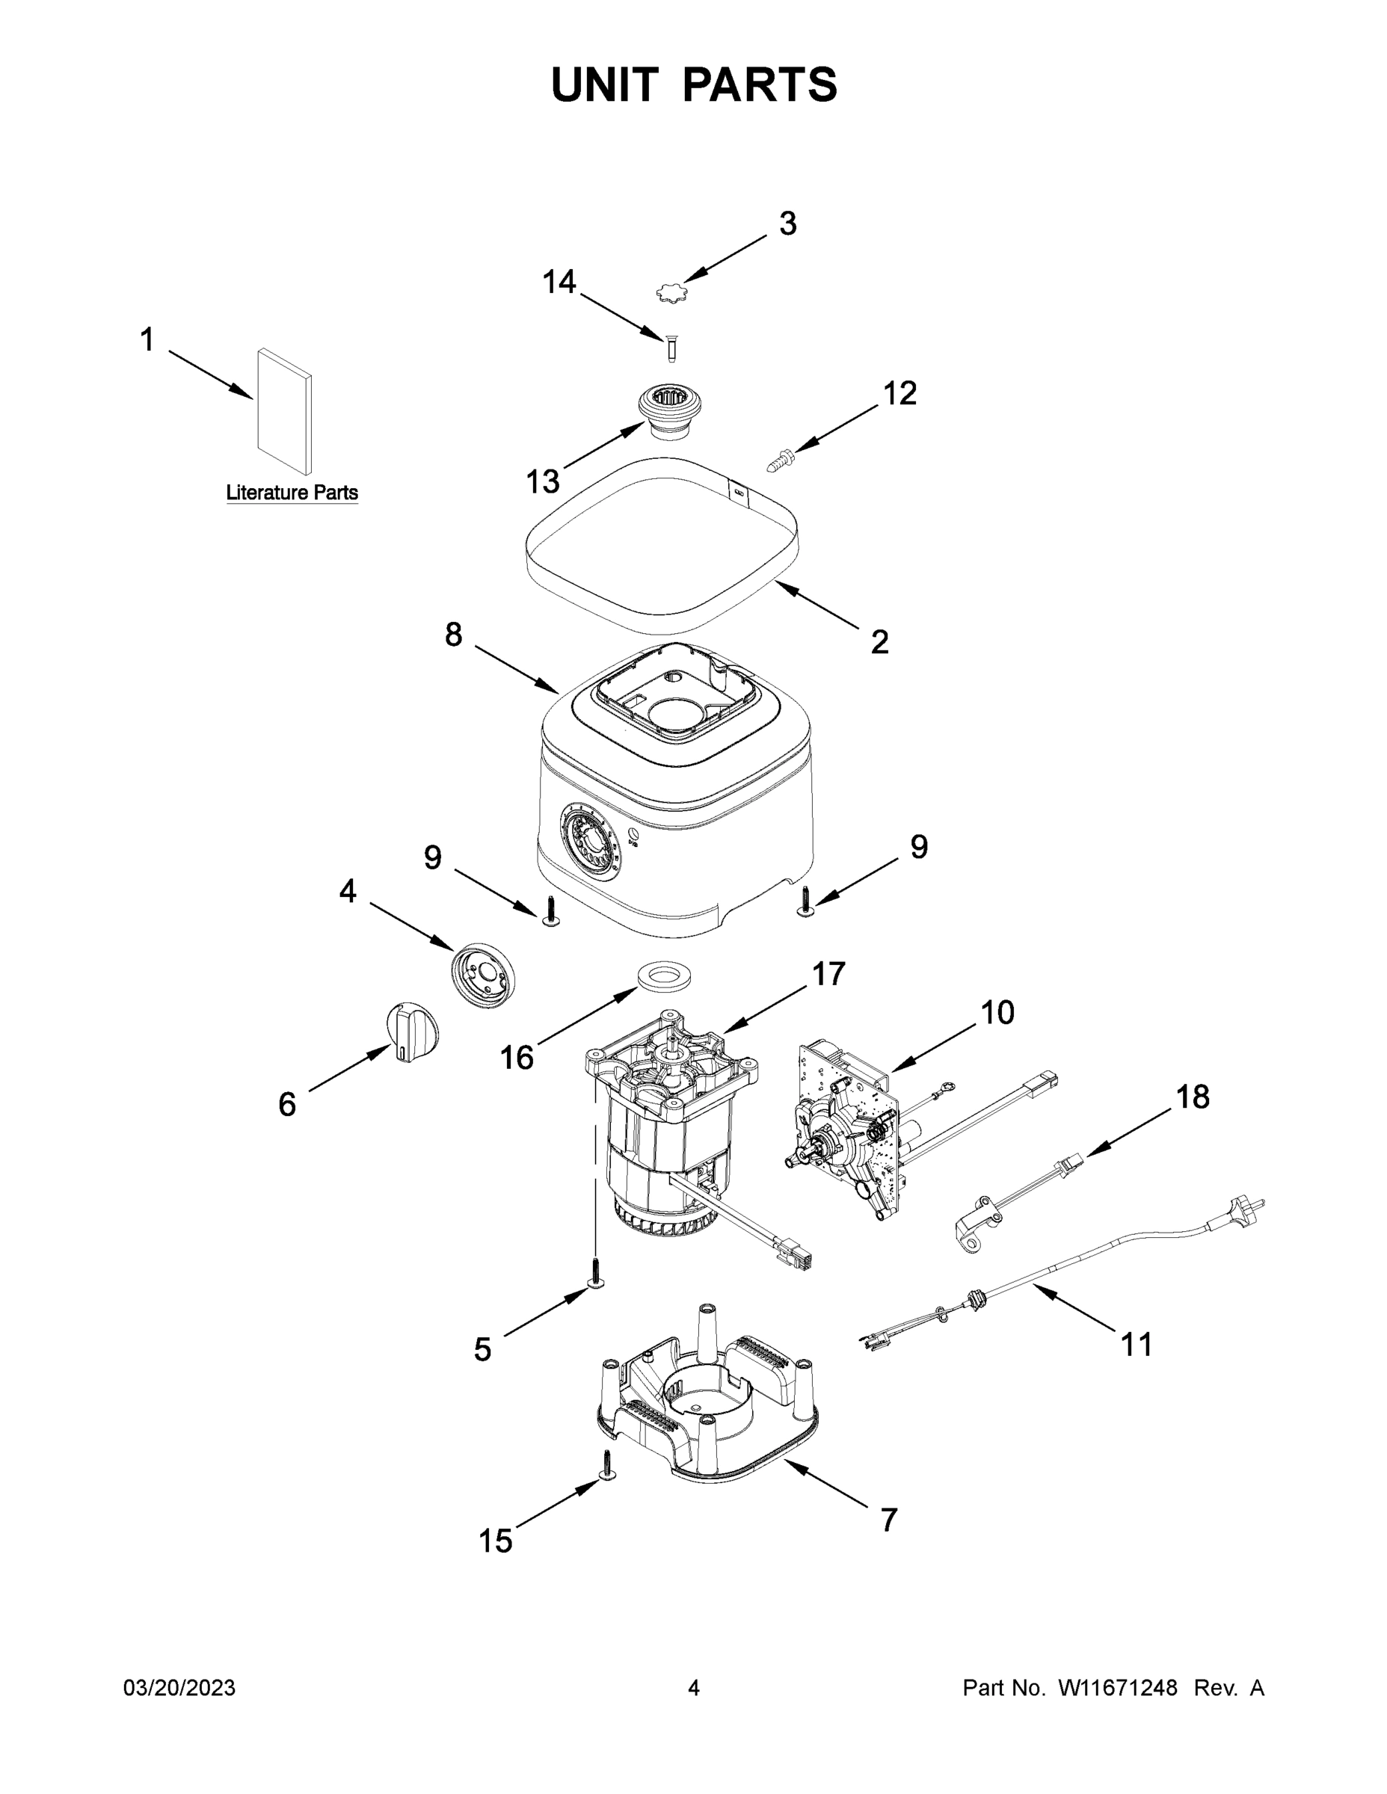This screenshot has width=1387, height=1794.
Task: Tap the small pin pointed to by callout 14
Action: pos(671,348)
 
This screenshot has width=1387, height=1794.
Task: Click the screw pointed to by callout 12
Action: pos(779,458)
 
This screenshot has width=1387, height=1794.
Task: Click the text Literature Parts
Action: pos(292,493)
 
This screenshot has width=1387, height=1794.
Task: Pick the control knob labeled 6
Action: pos(412,1033)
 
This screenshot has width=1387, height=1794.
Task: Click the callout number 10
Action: pos(997,1013)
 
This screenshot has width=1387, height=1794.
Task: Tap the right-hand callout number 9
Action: pos(919,847)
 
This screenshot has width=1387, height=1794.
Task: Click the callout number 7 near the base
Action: pos(888,1520)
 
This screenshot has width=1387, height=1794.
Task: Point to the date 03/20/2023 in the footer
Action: pos(179,1688)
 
